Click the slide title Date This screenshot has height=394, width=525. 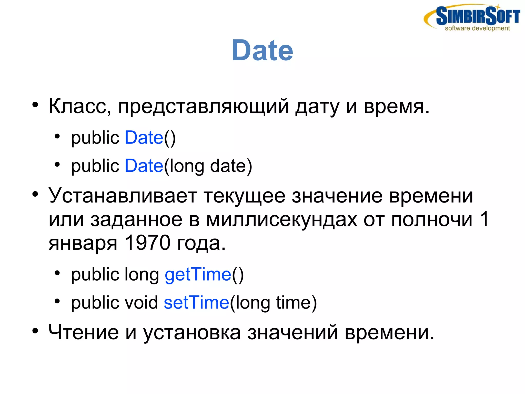click(262, 50)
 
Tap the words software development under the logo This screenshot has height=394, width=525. click(477, 28)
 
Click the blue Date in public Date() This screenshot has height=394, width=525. click(144, 138)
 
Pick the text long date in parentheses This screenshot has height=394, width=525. click(208, 166)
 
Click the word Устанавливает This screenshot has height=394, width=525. click(123, 196)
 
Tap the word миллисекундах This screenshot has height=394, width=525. click(281, 220)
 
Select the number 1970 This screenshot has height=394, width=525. click(147, 243)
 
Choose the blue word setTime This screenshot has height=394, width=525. click(196, 303)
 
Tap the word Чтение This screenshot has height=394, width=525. click(84, 332)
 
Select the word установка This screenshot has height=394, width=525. click(192, 333)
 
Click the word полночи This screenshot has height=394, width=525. click(432, 220)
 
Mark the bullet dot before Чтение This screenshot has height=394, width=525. click(35, 331)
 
